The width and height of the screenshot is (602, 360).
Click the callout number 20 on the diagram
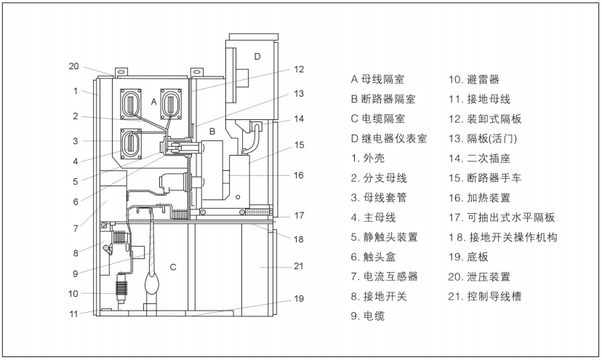coord(73,66)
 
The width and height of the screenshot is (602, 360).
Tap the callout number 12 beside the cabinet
coord(299,70)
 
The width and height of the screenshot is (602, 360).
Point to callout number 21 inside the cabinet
coord(297,266)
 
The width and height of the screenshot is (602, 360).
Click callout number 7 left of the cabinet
coord(75,228)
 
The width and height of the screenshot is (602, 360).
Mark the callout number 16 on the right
coord(299,175)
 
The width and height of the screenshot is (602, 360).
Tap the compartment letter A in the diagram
coord(153,103)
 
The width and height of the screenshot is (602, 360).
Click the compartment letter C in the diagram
coord(172,267)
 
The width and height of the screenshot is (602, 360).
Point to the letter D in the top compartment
coord(256,56)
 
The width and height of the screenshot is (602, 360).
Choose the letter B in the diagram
coord(212,132)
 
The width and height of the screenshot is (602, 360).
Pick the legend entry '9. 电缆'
coord(367,316)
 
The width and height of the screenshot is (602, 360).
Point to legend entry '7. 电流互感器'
coord(384,276)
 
